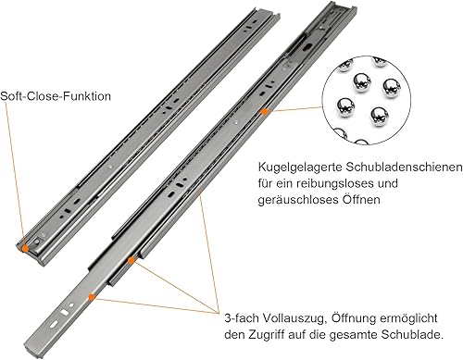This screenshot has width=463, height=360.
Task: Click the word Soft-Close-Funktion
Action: pyautogui.click(x=56, y=96)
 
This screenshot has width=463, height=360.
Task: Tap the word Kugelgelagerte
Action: pyautogui.click(x=300, y=168)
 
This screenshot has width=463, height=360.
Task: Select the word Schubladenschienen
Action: pyautogui.click(x=404, y=168)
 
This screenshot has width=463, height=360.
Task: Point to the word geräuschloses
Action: pyautogui.click(x=298, y=200)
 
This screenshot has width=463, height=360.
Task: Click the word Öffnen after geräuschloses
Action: pyautogui.click(x=361, y=199)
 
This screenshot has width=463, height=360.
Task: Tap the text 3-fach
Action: pyautogui.click(x=243, y=318)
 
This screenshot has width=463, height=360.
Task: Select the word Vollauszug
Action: pyautogui.click(x=295, y=318)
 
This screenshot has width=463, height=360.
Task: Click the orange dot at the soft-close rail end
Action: pyautogui.click(x=25, y=248)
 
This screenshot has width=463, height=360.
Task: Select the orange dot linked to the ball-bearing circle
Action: pyautogui.click(x=264, y=112)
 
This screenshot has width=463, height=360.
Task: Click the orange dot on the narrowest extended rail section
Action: pyautogui.click(x=92, y=297)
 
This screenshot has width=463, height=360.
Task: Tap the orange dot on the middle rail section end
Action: pyautogui.click(x=131, y=261)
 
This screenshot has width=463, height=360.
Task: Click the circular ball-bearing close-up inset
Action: pyautogui.click(x=367, y=100)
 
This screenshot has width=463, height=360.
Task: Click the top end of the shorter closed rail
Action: pyautogui.click(x=266, y=12)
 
